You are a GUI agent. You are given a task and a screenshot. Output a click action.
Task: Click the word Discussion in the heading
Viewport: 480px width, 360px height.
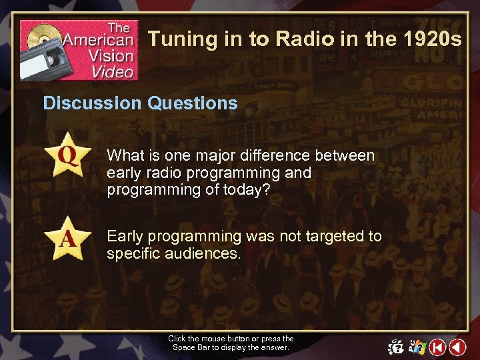pyautogui.click(x=92, y=103)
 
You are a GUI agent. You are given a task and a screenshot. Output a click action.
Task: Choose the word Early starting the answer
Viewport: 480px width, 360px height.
pyautogui.click(x=126, y=236)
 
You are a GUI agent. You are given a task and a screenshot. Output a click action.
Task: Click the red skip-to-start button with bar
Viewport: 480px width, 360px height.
pyautogui.click(x=437, y=347)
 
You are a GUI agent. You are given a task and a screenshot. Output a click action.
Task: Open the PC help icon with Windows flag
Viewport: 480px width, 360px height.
pyautogui.click(x=417, y=347)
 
